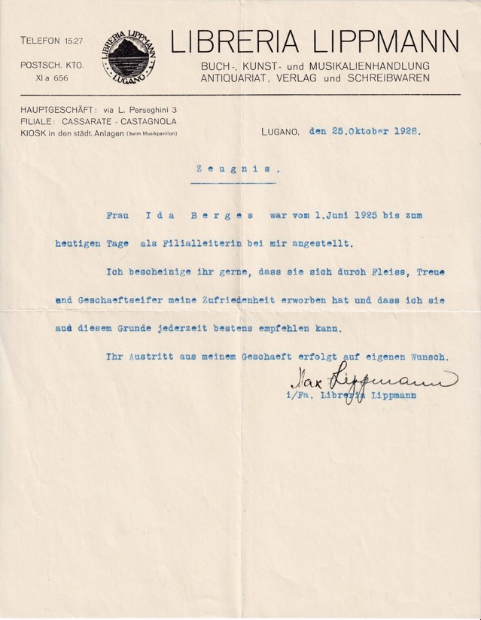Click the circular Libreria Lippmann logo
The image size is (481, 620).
point(129,54)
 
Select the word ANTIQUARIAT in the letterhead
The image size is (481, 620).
point(236,78)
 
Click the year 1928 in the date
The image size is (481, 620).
point(404,130)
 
